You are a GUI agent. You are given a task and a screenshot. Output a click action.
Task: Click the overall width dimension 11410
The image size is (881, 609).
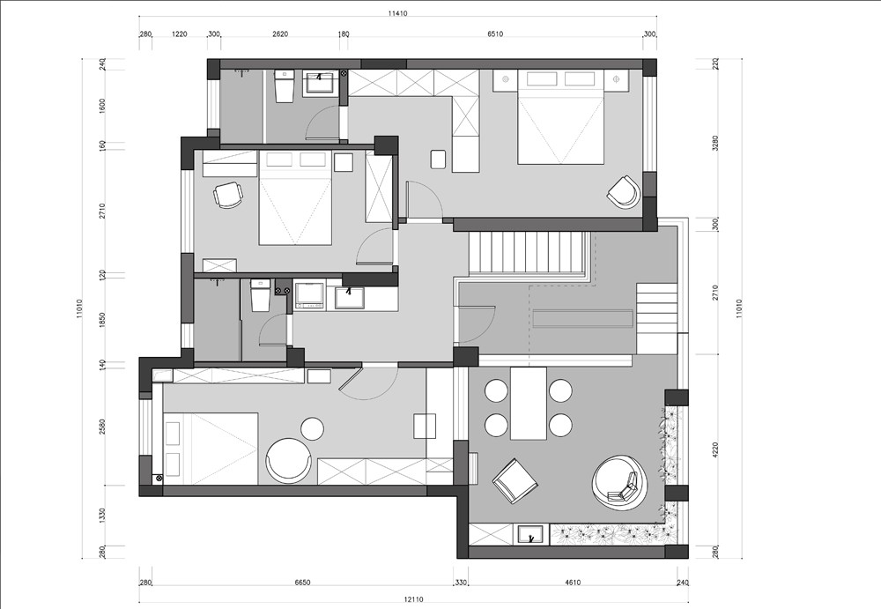(x=397, y=13)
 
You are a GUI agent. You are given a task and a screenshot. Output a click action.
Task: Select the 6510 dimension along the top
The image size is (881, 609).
(x=495, y=33)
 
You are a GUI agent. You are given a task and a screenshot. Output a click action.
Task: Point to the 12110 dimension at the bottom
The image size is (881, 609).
(x=413, y=599)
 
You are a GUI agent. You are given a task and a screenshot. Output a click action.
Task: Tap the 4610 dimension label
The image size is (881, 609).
(x=573, y=583)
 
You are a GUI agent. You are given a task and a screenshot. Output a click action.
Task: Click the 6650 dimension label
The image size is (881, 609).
(x=302, y=583)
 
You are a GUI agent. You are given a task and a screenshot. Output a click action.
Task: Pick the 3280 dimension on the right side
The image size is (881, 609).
(x=715, y=143)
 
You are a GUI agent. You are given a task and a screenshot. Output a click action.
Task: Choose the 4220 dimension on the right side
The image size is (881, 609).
(x=715, y=449)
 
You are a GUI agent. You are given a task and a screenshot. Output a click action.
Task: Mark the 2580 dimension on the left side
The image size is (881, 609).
(x=102, y=427)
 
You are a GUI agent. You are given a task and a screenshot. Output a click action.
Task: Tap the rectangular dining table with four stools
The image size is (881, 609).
(x=528, y=403)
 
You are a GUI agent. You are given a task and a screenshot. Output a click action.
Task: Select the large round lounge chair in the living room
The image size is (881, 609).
(x=619, y=483)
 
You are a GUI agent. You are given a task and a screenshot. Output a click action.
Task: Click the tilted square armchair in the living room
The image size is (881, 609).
(x=515, y=481)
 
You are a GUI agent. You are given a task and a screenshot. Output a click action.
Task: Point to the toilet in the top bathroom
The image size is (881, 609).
(x=285, y=86)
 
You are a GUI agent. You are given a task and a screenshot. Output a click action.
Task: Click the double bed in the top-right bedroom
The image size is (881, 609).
(x=560, y=117)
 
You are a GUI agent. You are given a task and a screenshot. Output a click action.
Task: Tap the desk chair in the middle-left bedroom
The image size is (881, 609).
(x=228, y=195)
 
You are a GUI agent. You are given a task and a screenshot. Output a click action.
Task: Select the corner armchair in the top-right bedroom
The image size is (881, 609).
(x=624, y=192)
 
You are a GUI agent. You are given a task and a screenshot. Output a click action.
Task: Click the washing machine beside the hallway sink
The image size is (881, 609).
(x=309, y=296)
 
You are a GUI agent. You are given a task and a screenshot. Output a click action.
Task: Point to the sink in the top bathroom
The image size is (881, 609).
(x=321, y=83)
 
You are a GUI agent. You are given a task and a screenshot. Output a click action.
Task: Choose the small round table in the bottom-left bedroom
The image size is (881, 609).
(x=313, y=429)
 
